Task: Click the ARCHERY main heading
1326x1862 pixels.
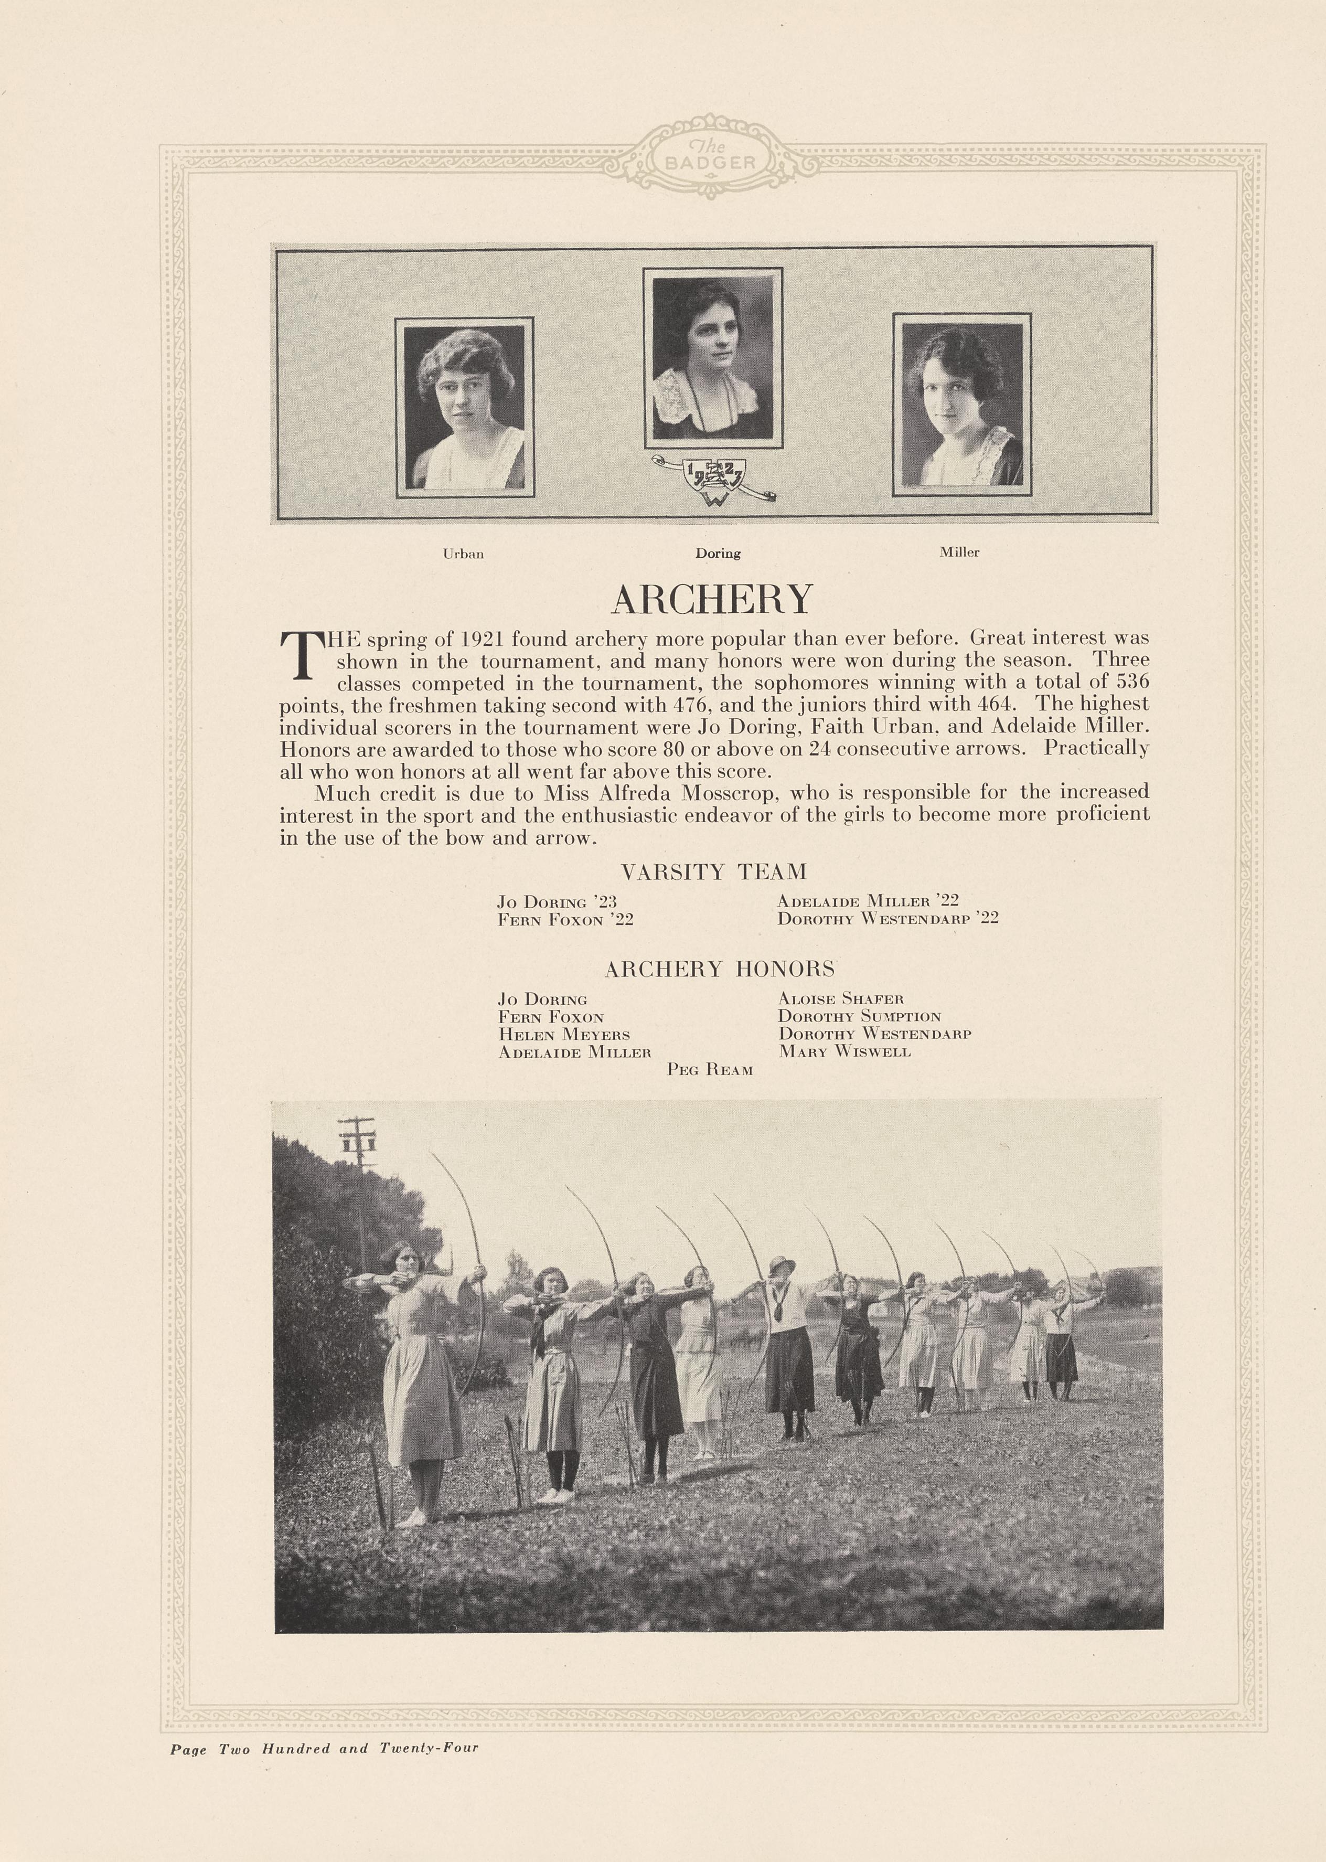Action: [x=712, y=600]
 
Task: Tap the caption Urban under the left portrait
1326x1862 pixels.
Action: [x=463, y=554]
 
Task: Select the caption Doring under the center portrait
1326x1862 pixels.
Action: [x=718, y=553]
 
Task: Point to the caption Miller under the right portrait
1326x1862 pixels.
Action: [x=959, y=552]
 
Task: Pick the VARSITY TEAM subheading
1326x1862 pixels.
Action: [x=714, y=872]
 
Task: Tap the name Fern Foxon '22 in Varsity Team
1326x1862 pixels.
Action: [x=566, y=920]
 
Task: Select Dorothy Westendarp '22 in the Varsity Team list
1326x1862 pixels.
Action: [x=887, y=918]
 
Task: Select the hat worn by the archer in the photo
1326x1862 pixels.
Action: [x=782, y=1265]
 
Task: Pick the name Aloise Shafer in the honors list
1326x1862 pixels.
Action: [x=841, y=999]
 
